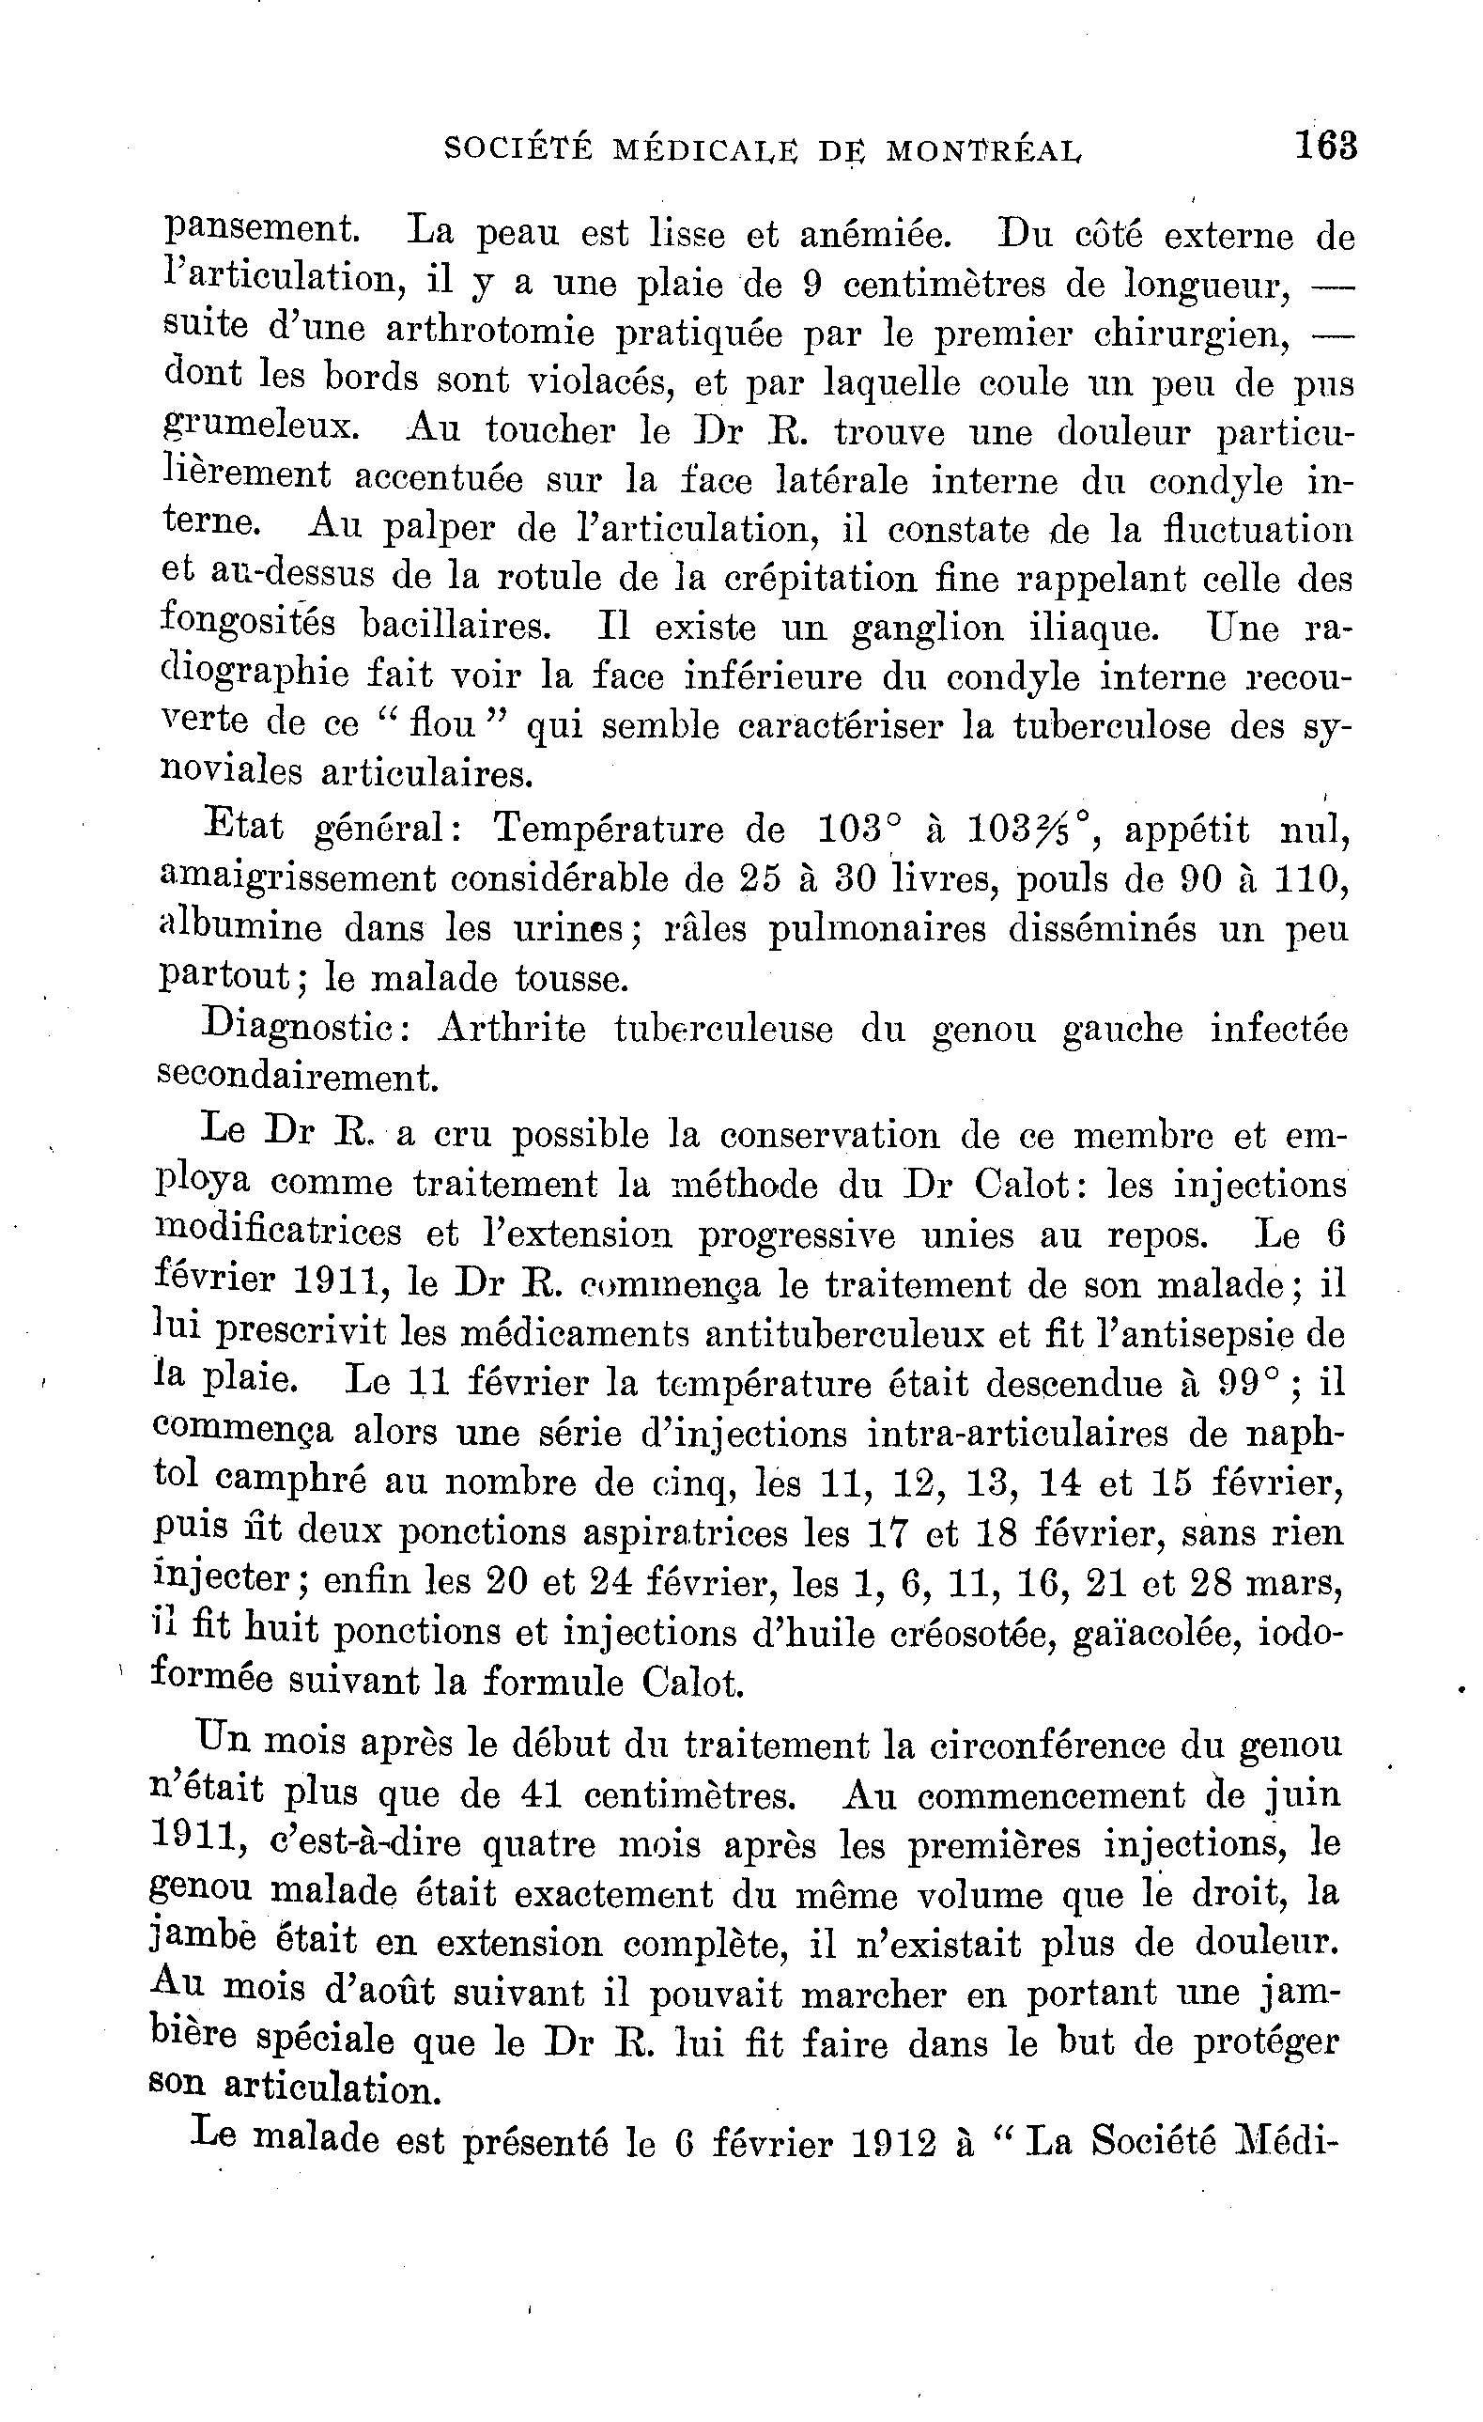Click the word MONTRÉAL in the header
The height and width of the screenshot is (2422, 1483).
pos(983,149)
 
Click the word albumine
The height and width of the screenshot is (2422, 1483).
pos(239,927)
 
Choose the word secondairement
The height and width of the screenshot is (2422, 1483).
pos(296,1078)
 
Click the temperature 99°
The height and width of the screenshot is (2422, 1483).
pos(1250,1383)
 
